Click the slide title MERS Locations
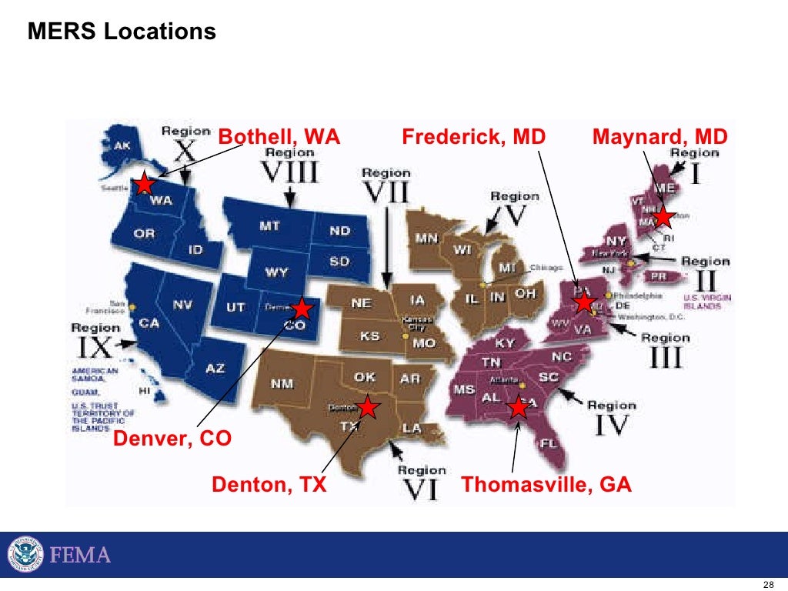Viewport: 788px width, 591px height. coord(122,32)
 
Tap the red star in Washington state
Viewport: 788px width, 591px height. coord(144,184)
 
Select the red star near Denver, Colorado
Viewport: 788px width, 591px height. coord(302,309)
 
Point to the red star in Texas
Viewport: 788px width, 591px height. coord(368,406)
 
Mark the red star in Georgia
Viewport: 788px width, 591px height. coord(519,407)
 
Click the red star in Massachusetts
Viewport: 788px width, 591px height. coord(663,217)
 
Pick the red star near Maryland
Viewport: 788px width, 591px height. coord(585,301)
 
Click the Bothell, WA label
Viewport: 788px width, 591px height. coord(279,137)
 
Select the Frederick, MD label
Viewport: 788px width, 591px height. coord(473,137)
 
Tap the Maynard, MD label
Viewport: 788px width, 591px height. coord(659,137)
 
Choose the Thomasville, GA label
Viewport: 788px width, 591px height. coord(546,485)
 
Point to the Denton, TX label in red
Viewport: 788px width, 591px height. coord(269,485)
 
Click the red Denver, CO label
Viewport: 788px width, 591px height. coord(172,439)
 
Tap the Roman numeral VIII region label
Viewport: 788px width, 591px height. coord(290,172)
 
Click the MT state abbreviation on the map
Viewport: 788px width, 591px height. coord(269,226)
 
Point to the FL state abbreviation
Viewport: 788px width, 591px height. coord(548,443)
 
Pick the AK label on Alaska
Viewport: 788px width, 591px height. coord(122,145)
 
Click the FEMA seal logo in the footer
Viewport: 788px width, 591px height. coord(25,554)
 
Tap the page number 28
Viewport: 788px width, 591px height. coord(767,582)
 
